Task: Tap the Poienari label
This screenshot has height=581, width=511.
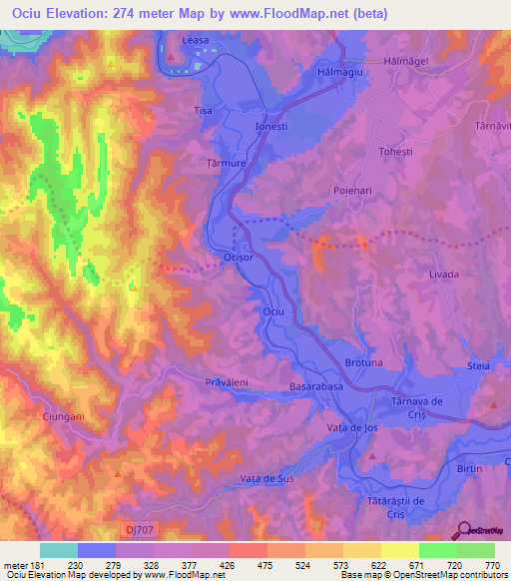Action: (x=352, y=188)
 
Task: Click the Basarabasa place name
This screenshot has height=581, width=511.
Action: (x=316, y=384)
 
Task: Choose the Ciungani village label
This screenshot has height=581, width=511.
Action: (x=63, y=415)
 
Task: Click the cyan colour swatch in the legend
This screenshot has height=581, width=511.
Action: (x=59, y=550)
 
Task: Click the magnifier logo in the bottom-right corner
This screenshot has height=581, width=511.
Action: (x=461, y=530)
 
